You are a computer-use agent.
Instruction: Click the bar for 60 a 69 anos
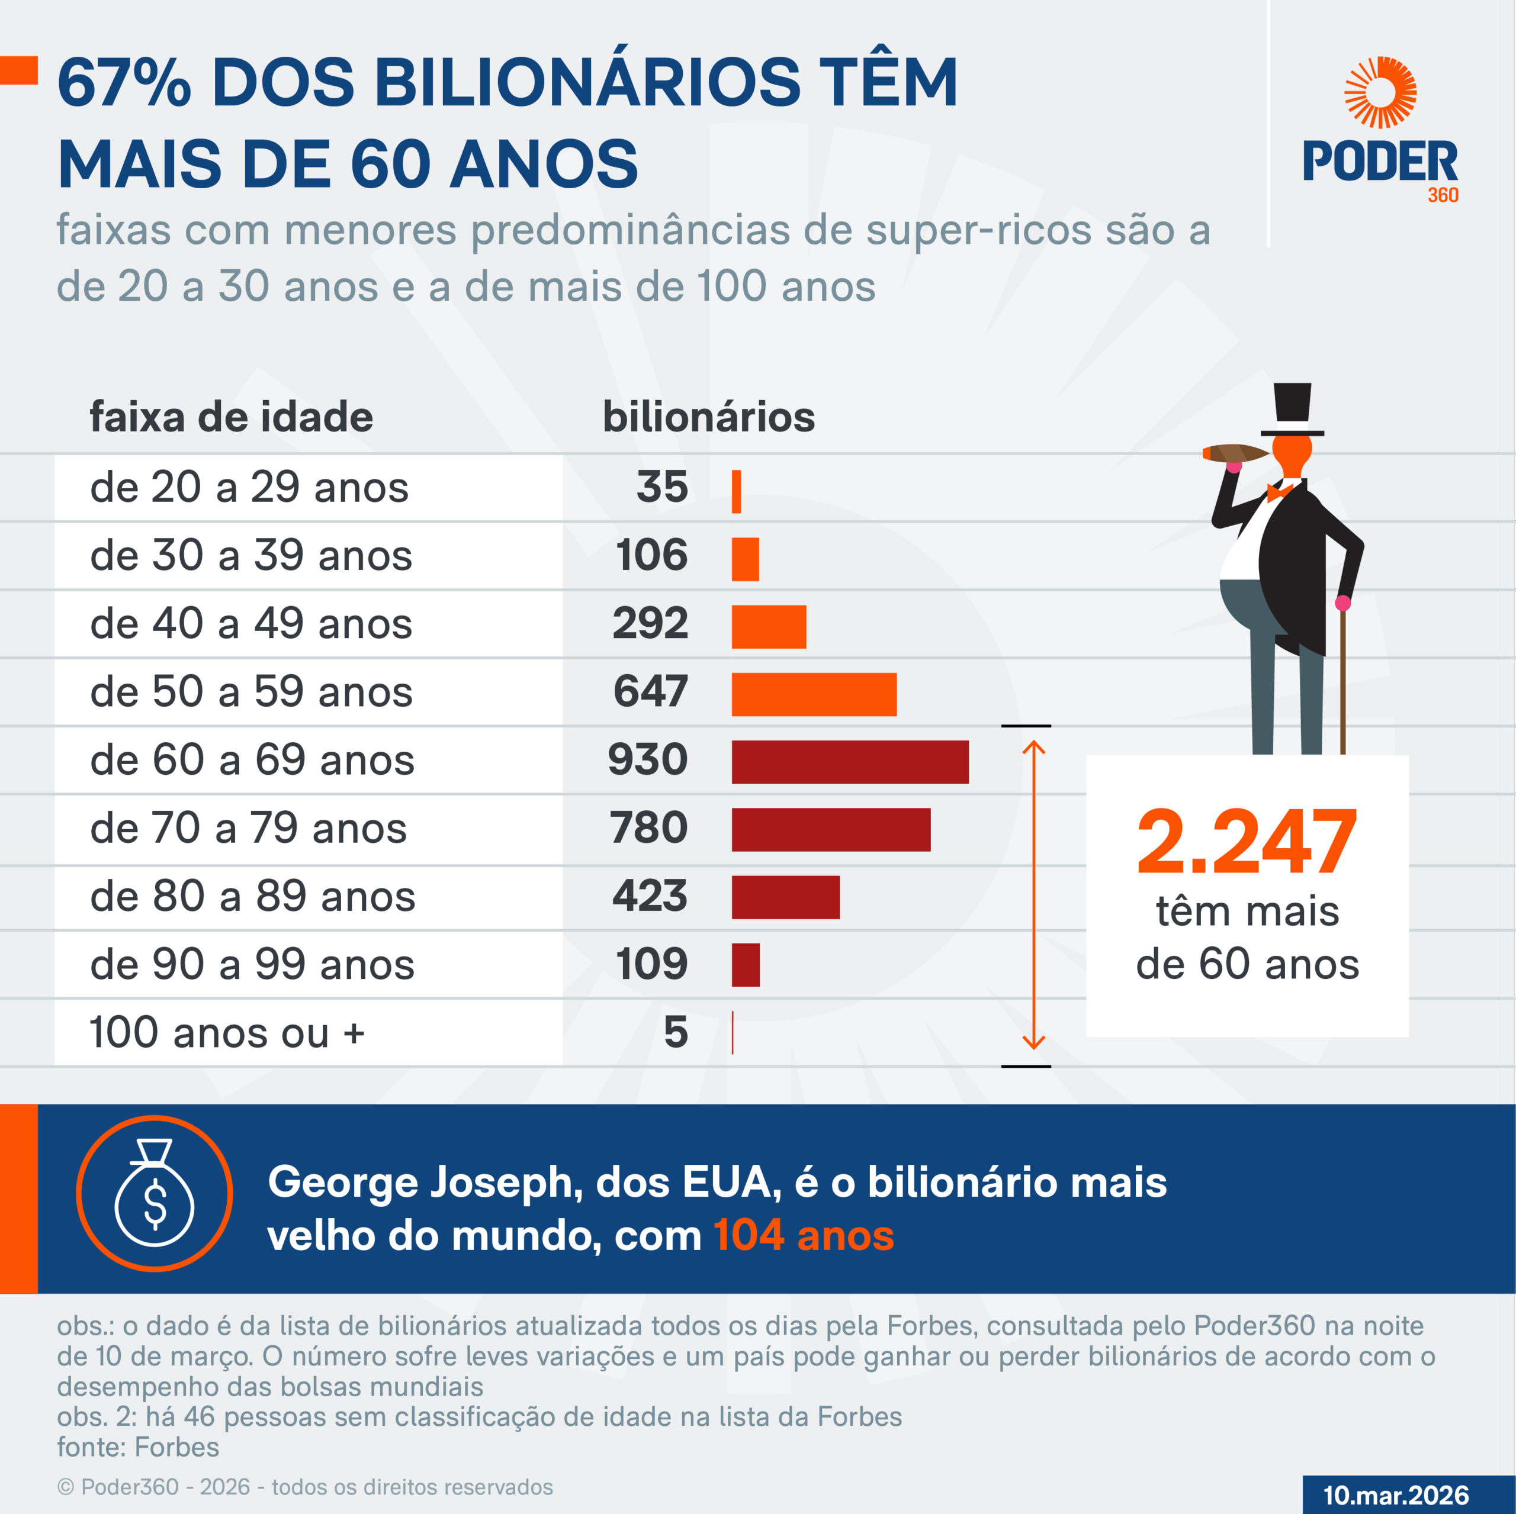coord(850,762)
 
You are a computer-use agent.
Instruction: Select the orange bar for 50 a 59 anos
coord(814,694)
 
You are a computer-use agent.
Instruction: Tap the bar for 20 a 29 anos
coord(736,492)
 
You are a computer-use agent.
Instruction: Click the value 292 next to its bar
coord(650,624)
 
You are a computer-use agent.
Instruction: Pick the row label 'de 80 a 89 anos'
coord(253,896)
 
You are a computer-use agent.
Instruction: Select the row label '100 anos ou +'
coord(227,1032)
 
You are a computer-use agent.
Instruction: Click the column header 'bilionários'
coord(709,417)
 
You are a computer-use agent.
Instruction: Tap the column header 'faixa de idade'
coord(232,417)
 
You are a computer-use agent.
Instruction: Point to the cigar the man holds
coord(1234,453)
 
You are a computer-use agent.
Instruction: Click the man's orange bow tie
coord(1279,492)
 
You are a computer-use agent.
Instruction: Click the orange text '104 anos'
coord(804,1235)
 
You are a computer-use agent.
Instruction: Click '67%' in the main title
coord(124,83)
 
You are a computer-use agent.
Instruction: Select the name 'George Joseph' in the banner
coord(425,1182)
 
